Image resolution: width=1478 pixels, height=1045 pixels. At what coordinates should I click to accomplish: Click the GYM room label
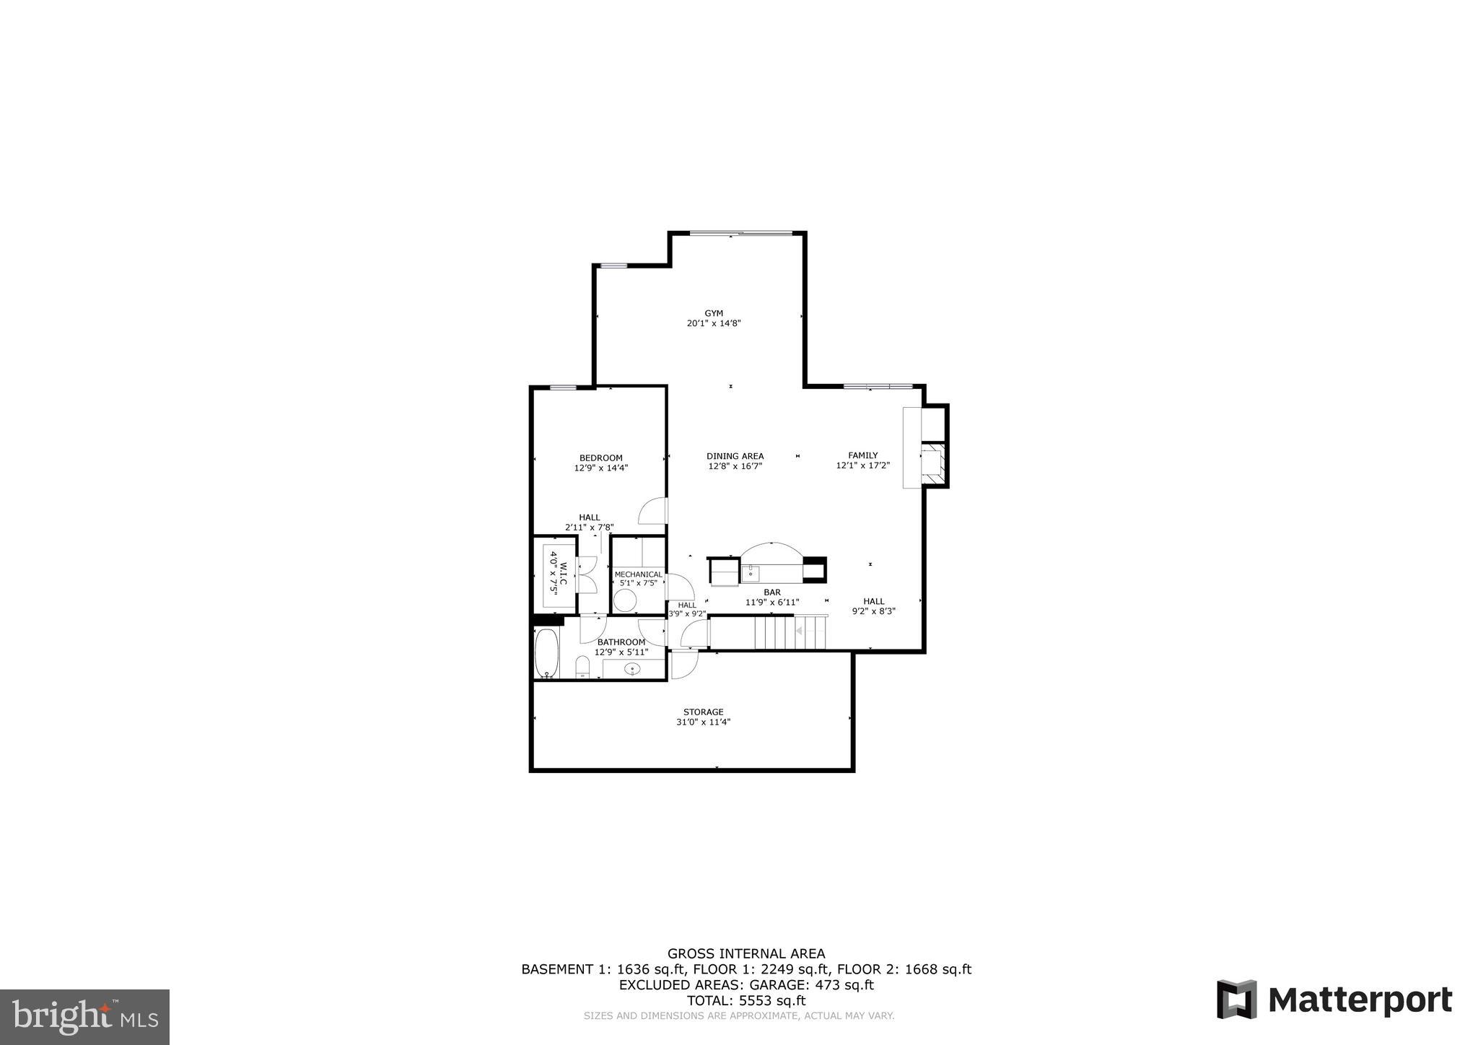(x=714, y=313)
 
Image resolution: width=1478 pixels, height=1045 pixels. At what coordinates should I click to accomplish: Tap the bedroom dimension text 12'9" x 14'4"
(x=601, y=468)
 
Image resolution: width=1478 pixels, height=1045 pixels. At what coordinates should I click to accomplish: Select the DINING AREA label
(x=735, y=456)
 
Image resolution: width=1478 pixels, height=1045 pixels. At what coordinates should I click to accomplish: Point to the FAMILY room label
(x=862, y=455)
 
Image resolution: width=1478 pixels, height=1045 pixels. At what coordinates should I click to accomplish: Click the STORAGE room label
(x=703, y=712)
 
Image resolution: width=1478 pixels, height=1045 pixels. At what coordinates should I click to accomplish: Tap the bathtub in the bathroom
(x=546, y=653)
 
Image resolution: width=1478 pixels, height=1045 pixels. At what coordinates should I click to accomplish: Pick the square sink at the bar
(x=751, y=573)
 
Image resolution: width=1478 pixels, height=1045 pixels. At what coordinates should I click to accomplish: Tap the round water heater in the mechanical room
(x=625, y=600)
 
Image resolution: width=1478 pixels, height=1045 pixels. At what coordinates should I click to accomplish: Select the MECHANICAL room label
(x=638, y=574)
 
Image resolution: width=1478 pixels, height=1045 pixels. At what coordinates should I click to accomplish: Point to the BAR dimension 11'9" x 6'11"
(x=772, y=602)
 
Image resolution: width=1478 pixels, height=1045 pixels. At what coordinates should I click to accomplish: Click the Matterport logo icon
(x=1236, y=1000)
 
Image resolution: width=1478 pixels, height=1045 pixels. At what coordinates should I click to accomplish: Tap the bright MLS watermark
(x=84, y=1017)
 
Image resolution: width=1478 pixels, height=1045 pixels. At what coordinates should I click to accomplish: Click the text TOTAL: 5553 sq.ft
(x=745, y=1001)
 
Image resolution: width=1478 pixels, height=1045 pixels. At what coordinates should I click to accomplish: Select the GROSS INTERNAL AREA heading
(x=746, y=953)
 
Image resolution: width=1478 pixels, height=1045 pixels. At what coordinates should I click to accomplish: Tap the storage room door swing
(x=683, y=664)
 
